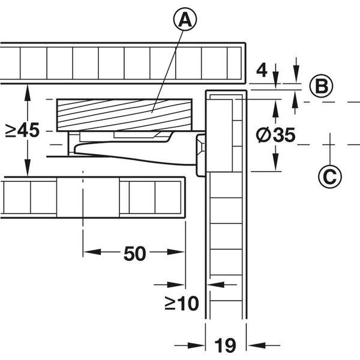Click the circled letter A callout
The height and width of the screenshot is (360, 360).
pos(185,20)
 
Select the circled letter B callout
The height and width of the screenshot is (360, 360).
pos(321,86)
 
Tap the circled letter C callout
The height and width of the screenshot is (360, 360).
pos(330,176)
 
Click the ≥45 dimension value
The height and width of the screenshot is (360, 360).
pos(23,130)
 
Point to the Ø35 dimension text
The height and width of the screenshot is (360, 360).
pos(275,135)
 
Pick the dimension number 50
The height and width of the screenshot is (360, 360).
pos(135,253)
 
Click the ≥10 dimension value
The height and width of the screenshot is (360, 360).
pos(182,303)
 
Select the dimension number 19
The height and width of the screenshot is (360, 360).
pos(225,345)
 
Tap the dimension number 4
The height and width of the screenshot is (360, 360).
pos(262,70)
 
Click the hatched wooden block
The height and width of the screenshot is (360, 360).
pos(124,115)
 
